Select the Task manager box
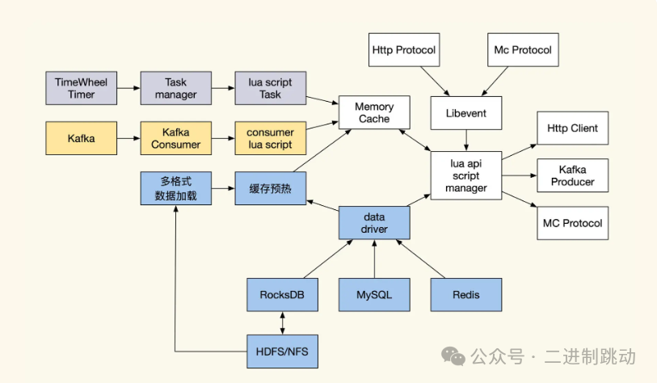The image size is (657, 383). (175, 88)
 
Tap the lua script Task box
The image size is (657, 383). (270, 88)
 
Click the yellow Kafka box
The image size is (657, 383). (81, 138)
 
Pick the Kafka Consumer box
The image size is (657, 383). (175, 138)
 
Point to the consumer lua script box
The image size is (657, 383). (270, 138)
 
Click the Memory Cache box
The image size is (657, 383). (373, 113)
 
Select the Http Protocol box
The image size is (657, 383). (403, 50)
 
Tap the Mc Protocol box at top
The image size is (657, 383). (522, 50)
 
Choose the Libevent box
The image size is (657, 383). (466, 113)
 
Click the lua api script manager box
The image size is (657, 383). (466, 176)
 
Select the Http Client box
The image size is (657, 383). (572, 128)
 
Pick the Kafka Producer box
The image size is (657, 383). (572, 176)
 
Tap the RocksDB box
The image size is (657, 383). (281, 295)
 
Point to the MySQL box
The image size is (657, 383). (374, 295)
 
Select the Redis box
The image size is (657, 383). (466, 295)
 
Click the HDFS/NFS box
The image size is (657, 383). (281, 352)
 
